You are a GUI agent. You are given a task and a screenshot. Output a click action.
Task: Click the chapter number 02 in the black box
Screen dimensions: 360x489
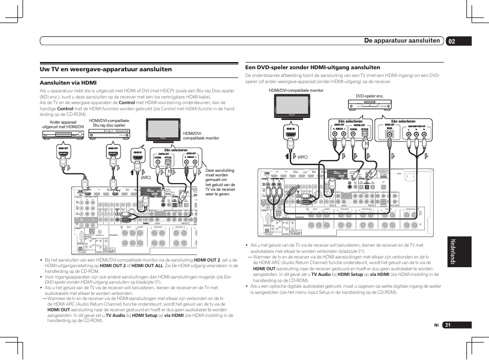[x=451, y=40]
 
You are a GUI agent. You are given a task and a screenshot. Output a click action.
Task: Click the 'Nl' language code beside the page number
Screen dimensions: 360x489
[x=436, y=325]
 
